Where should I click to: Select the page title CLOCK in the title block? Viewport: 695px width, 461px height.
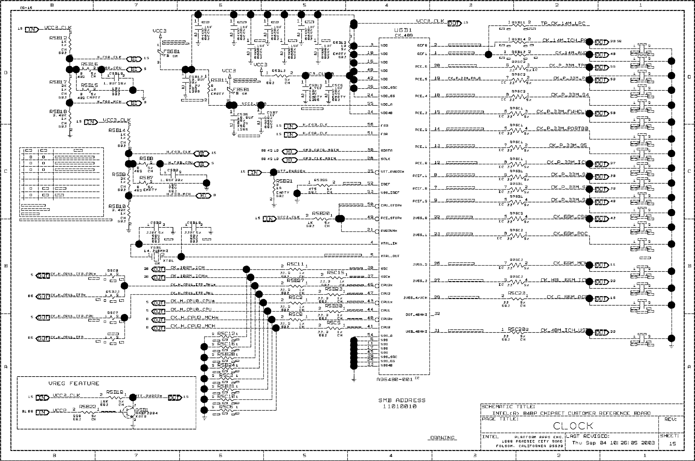[x=573, y=426]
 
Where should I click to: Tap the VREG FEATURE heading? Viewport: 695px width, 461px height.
[x=74, y=383]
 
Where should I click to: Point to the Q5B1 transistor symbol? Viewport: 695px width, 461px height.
[x=130, y=413]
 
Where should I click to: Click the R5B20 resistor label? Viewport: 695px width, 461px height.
[x=321, y=213]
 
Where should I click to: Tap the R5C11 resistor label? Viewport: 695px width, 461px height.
[x=295, y=264]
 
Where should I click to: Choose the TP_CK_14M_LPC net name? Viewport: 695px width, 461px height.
[x=563, y=24]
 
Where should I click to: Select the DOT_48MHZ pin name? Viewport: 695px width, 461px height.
[x=414, y=315]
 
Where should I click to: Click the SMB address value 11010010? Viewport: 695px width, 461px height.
[x=400, y=407]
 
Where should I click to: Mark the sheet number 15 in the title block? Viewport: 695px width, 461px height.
[x=672, y=443]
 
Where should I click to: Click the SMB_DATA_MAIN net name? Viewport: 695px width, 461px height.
[x=321, y=150]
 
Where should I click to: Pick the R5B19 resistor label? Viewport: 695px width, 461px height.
[x=114, y=392]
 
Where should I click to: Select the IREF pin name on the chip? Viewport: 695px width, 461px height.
[x=385, y=184]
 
